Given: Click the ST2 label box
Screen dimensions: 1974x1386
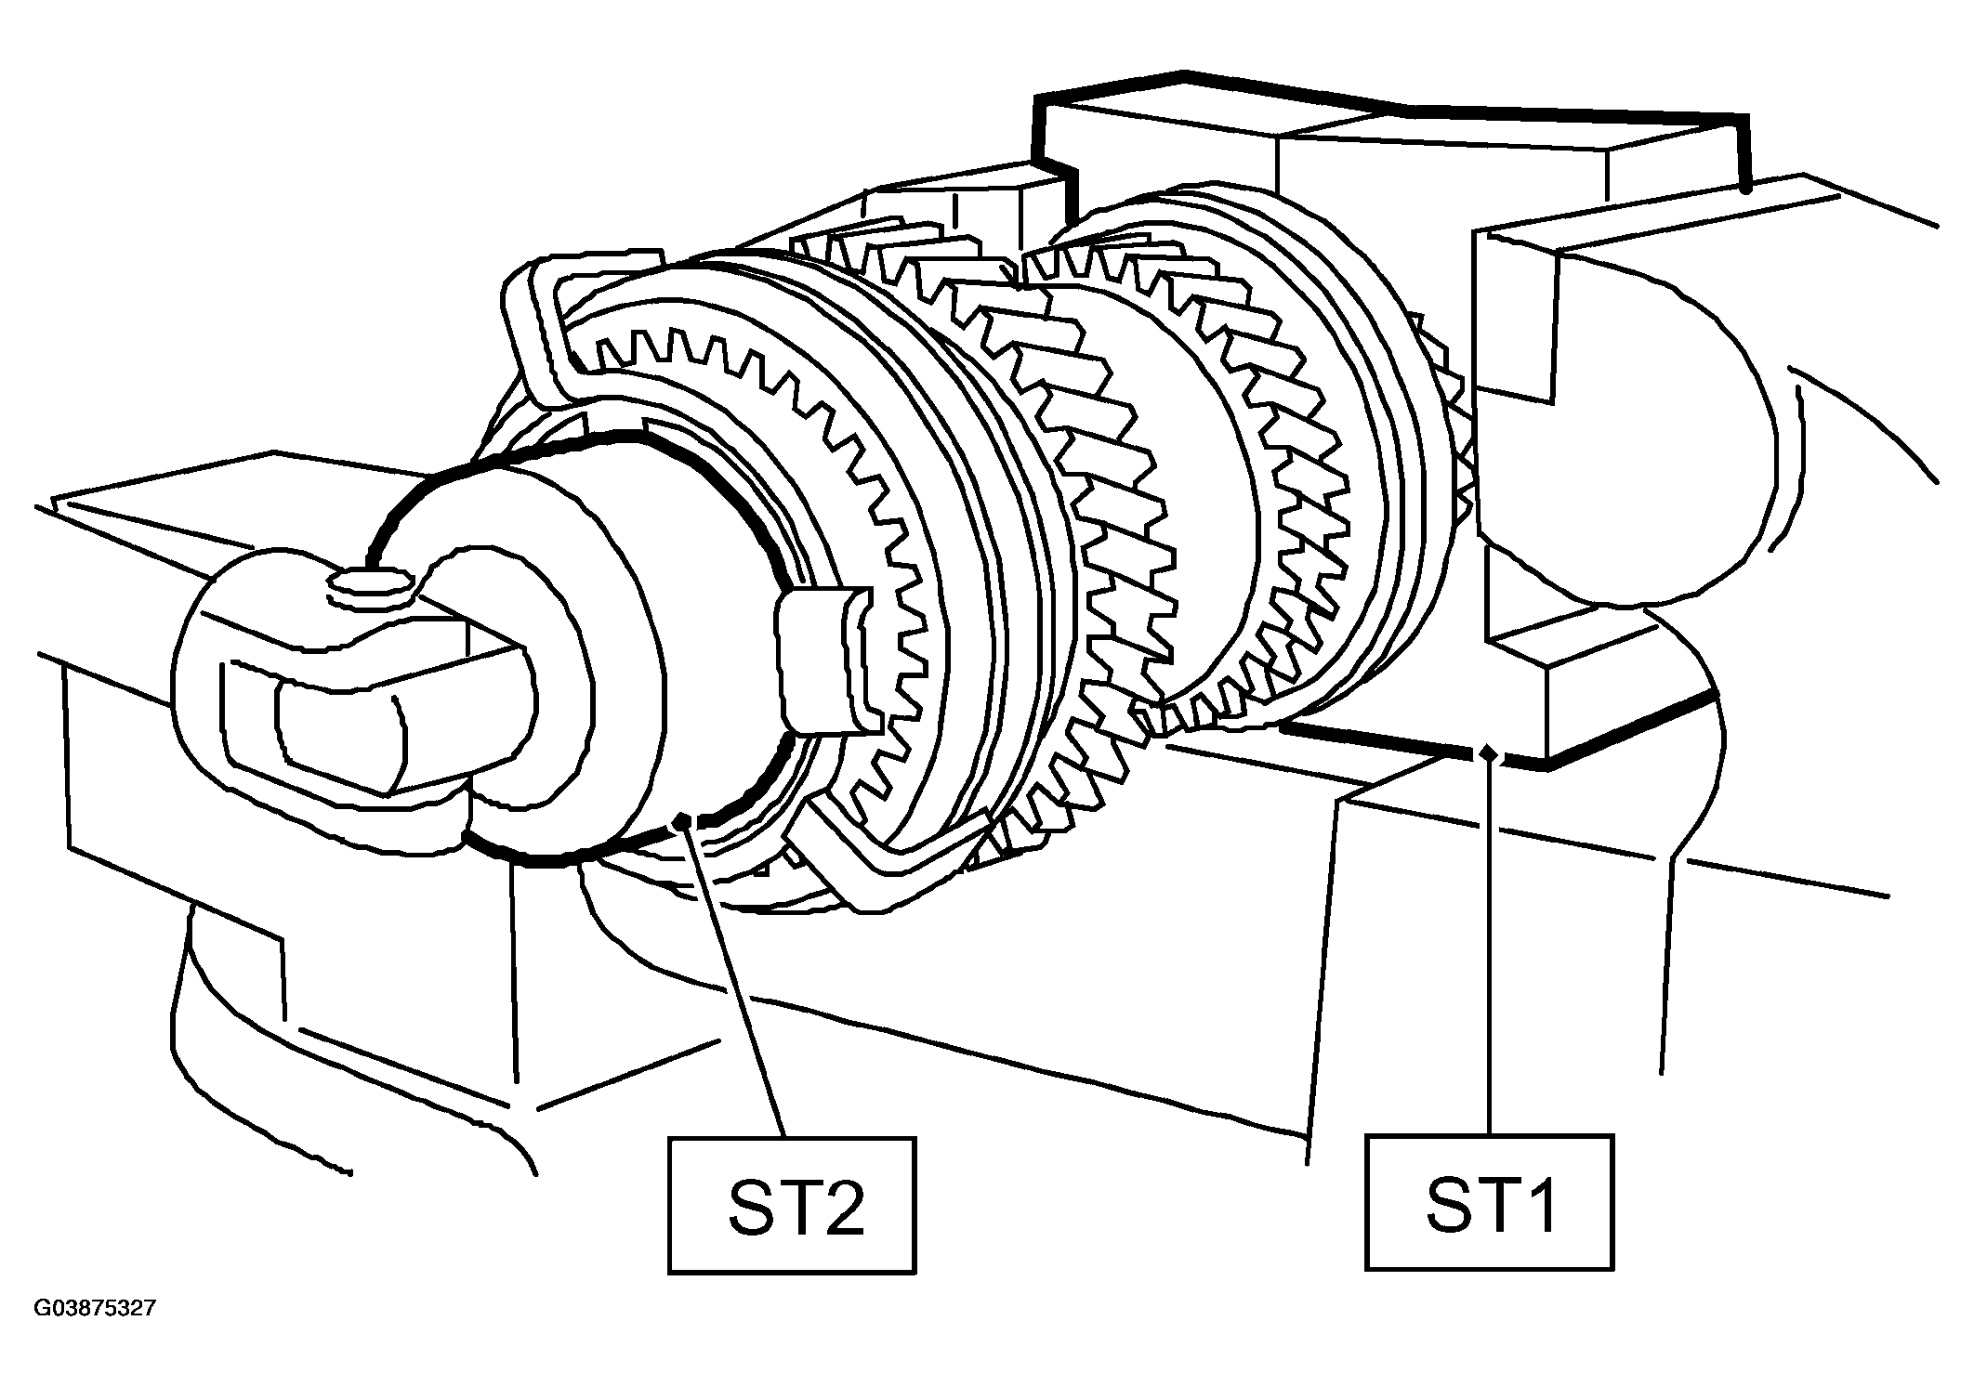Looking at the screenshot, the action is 792,1205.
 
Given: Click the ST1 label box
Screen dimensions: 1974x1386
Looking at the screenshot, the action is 1490,1202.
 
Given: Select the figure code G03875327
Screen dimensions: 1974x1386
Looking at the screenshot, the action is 95,1309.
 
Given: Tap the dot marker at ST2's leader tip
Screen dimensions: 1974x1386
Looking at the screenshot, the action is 683,818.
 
